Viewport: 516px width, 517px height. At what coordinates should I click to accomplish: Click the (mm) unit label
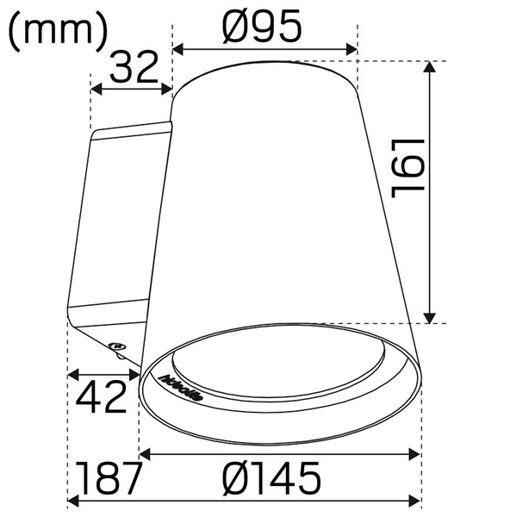[x=58, y=32]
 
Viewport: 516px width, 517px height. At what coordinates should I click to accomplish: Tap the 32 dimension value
[x=135, y=66]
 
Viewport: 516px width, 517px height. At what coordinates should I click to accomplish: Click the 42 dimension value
[x=102, y=397]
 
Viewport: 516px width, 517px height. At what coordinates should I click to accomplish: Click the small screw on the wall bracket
[x=118, y=347]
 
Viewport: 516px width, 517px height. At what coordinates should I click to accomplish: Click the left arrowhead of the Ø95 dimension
[x=178, y=49]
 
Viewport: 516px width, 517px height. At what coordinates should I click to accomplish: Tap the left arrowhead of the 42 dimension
[x=73, y=375]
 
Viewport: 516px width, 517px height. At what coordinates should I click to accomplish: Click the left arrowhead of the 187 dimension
[x=73, y=501]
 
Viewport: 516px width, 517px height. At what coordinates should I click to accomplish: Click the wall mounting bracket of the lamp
[x=121, y=224]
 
